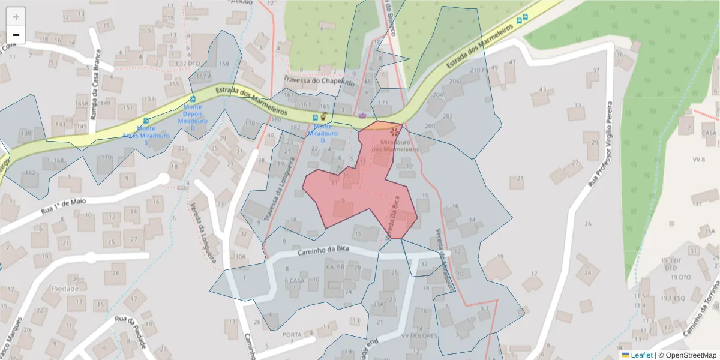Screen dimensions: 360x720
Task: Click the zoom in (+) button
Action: click(16, 17)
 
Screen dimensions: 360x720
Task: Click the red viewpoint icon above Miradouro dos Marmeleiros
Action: click(394, 131)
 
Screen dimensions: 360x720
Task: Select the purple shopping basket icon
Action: click(362, 115)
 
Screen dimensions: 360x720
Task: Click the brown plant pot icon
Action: click(323, 116)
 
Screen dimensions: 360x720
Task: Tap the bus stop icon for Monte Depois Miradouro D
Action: click(193, 99)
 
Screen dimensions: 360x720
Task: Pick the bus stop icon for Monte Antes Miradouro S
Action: click(146, 121)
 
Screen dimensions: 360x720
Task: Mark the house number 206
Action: click(454, 81)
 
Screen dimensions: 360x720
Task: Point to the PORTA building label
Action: click(292, 334)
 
